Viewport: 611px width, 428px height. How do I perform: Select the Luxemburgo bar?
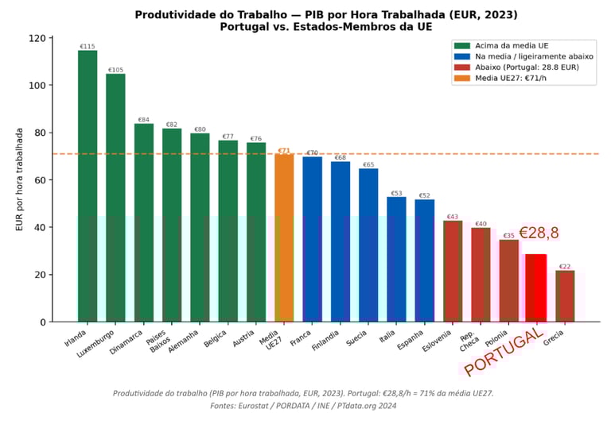click(115, 198)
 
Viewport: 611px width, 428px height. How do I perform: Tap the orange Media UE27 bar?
click(284, 237)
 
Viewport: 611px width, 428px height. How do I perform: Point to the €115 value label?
click(88, 47)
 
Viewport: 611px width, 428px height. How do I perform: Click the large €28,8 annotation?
click(539, 233)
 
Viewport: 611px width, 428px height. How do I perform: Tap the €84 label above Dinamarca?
click(144, 120)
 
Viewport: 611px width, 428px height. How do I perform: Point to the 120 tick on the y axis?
click(37, 38)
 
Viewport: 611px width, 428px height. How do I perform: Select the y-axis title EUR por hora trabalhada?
click(20, 179)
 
